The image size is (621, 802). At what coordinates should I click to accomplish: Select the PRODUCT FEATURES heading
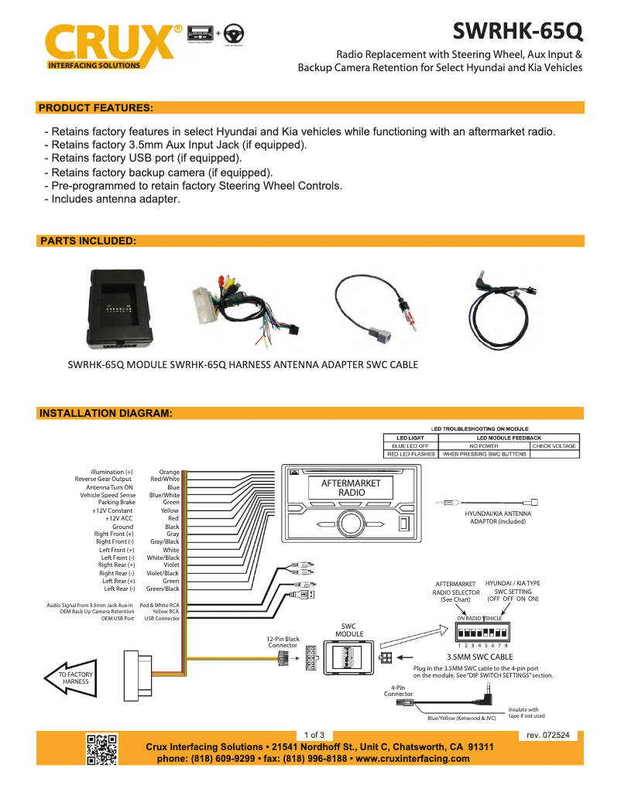[x=96, y=108]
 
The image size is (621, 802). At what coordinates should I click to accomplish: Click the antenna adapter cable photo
[x=376, y=306]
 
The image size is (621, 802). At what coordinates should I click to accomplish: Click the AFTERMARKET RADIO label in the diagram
[x=352, y=487]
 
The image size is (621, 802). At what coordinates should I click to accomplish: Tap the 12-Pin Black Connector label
[x=283, y=642]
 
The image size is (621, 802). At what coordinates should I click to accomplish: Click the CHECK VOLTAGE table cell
[x=554, y=446]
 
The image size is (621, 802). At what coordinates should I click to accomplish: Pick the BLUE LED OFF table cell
[x=410, y=446]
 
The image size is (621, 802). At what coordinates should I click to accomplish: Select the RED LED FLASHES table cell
[x=410, y=455]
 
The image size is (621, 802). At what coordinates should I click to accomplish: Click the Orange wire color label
[x=169, y=472]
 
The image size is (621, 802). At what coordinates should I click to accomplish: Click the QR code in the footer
[x=101, y=749]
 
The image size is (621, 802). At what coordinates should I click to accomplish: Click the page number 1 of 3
[x=314, y=735]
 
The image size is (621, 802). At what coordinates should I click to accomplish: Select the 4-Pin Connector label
[x=398, y=690]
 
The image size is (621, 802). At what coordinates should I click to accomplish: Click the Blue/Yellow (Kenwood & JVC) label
[x=461, y=718]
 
